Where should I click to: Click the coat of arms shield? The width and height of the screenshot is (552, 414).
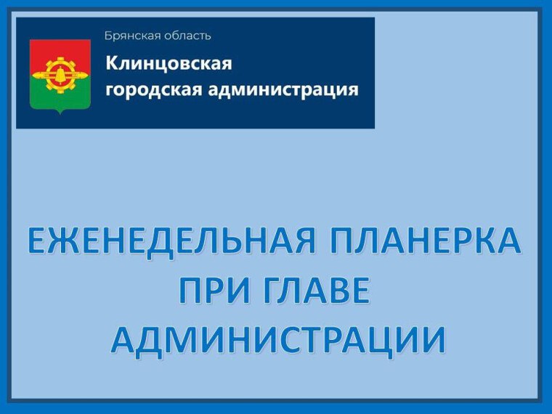coord(60,75)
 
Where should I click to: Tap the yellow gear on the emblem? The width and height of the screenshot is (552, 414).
coord(60,71)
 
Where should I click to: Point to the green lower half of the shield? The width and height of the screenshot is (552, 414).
coord(60,97)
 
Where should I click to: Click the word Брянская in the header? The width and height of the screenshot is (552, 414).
coord(130,36)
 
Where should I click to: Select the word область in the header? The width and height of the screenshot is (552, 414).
coord(184,36)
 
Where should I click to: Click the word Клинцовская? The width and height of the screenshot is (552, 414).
coord(169,64)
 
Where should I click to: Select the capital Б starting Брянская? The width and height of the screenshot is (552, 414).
coord(108,36)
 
